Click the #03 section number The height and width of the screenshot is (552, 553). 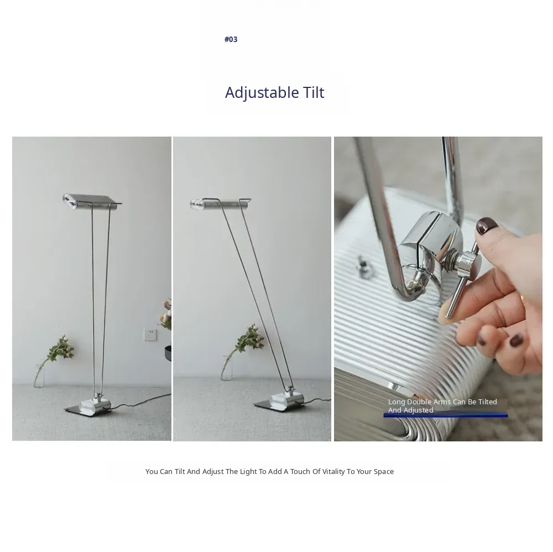click(231, 39)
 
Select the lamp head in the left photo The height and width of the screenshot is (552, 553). click(91, 202)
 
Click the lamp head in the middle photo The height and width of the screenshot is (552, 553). click(220, 204)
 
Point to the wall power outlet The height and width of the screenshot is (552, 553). click(150, 335)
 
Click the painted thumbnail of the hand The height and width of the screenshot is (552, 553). click(487, 226)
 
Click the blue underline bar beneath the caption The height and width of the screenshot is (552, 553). click(445, 415)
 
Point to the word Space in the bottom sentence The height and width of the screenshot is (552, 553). click(384, 472)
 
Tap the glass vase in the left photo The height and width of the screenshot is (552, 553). click(39, 374)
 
